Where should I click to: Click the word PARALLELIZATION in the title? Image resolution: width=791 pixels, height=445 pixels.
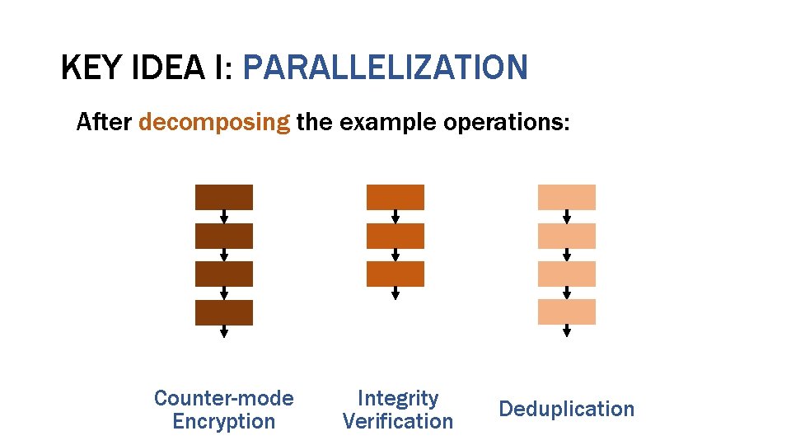(385, 68)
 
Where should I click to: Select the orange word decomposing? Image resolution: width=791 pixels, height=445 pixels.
(214, 123)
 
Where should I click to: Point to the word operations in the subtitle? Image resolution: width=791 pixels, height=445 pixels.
(506, 123)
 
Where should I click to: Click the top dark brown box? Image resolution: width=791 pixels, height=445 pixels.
(223, 197)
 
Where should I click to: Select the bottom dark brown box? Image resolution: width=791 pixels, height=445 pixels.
(223, 312)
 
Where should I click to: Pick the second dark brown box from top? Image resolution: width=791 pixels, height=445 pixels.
(223, 236)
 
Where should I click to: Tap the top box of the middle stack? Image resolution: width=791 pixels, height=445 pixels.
(395, 197)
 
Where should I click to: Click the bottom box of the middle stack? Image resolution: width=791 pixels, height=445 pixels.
(395, 274)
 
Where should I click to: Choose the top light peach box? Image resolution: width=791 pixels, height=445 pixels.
(566, 197)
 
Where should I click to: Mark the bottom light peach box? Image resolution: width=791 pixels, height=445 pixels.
(566, 311)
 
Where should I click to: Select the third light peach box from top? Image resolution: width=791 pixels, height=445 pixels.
(566, 274)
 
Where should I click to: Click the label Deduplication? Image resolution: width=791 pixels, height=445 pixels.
(567, 409)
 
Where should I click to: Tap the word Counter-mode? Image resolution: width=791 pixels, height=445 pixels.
(223, 398)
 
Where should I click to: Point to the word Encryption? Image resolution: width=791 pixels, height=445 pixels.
(223, 421)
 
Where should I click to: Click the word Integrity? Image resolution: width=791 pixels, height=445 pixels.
(397, 398)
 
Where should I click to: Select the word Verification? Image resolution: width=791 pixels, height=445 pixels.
(397, 421)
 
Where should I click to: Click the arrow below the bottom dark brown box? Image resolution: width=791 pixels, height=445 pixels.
(223, 332)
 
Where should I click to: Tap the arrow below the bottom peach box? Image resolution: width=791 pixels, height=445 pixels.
(566, 331)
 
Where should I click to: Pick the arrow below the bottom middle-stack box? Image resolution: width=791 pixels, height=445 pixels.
(395, 293)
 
